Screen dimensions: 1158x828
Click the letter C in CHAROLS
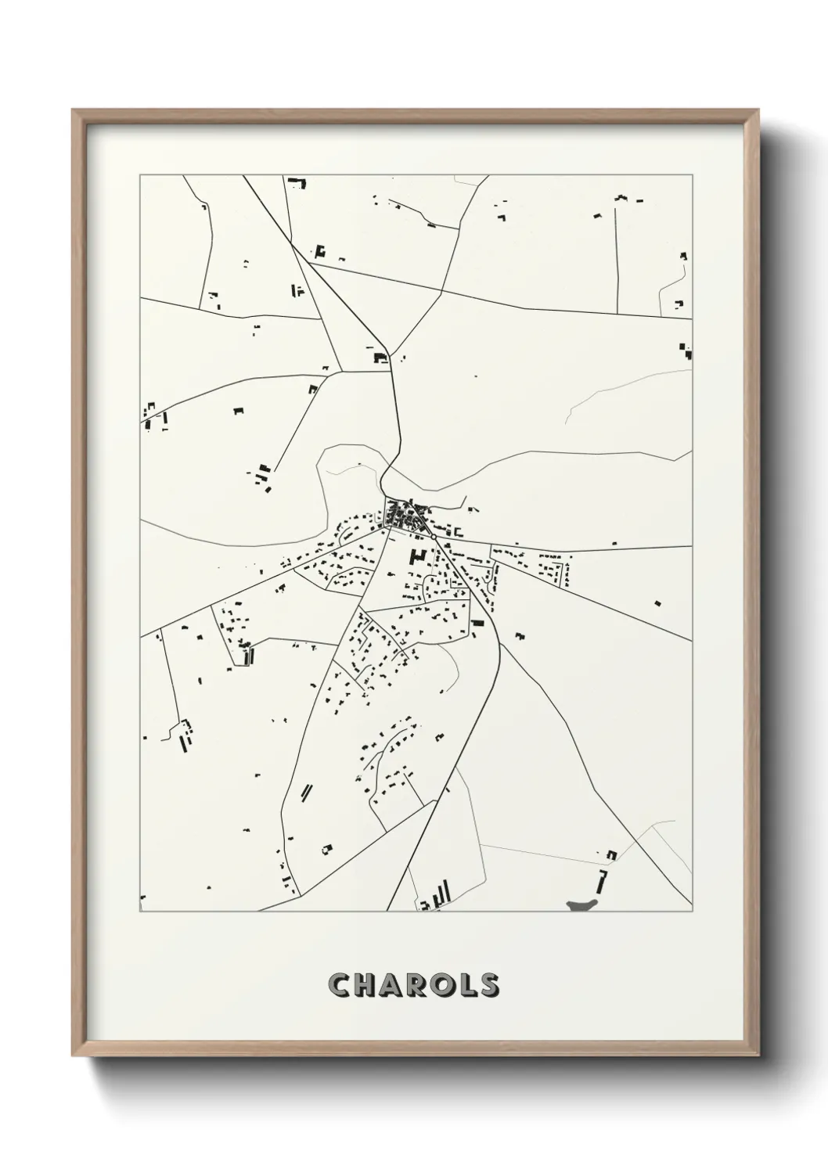pyautogui.click(x=340, y=985)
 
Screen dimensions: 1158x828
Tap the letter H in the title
pyautogui.click(x=369, y=985)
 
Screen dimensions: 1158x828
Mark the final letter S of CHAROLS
pyautogui.click(x=491, y=985)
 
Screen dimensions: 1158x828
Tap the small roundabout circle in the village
pyautogui.click(x=433, y=538)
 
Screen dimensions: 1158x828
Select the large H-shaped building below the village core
pyautogui.click(x=417, y=559)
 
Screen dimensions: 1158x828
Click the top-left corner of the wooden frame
pyautogui.click(x=74, y=110)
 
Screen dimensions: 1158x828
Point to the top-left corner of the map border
pyautogui.click(x=140, y=175)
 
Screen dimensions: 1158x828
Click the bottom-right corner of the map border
pyautogui.click(x=693, y=912)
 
